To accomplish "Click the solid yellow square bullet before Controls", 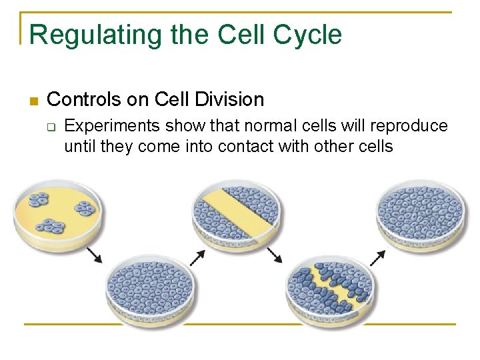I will pos(35,101).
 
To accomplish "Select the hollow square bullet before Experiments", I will pos(53,127).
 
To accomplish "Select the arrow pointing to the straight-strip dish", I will pos(197,257).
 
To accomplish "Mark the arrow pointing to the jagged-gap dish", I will pos(274,255).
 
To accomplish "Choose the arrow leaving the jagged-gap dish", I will pos(378,257).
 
